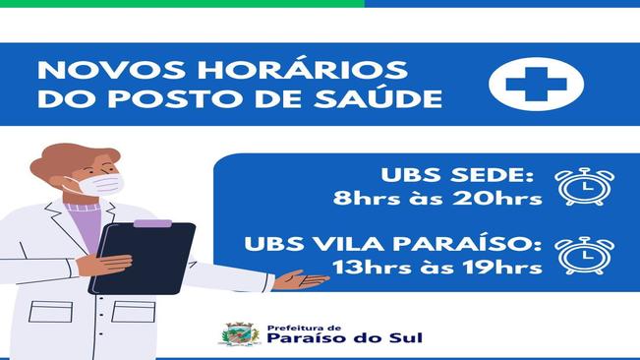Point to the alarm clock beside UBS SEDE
pos(584,186)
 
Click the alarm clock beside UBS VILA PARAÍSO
pos(584,254)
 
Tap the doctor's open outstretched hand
pos(300,280)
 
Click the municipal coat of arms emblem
pos(239,335)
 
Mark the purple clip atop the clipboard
pos(151,224)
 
